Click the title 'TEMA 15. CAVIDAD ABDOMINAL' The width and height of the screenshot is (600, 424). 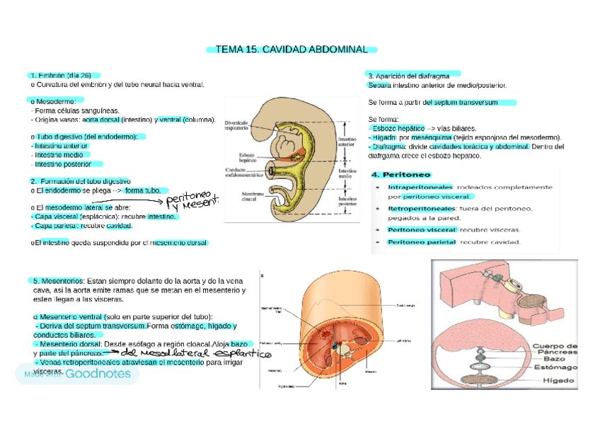coord(291,50)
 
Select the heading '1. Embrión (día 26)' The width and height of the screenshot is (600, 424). coord(61,75)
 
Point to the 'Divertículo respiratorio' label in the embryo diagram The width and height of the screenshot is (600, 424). coord(236,125)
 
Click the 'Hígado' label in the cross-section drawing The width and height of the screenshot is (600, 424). coord(558,381)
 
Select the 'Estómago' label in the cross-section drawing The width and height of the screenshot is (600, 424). coord(555,368)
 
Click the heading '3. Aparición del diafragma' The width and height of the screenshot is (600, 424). coord(409,75)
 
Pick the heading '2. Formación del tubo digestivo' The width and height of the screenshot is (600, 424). coord(80,181)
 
